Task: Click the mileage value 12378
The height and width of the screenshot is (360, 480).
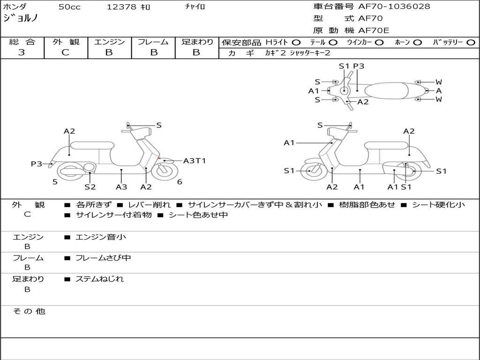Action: (121, 7)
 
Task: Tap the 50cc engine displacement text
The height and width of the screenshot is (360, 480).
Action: (69, 7)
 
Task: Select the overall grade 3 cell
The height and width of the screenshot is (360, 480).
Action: (22, 52)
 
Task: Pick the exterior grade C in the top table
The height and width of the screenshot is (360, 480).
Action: (65, 52)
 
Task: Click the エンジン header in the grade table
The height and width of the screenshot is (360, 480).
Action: (109, 42)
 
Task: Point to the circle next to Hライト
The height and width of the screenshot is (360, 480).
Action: (296, 42)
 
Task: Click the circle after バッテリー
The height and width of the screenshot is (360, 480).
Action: (471, 42)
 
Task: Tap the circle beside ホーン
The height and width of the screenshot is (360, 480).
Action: (418, 42)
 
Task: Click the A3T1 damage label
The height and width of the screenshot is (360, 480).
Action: (194, 161)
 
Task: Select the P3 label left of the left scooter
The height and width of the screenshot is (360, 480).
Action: (37, 164)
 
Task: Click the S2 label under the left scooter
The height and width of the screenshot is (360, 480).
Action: (90, 187)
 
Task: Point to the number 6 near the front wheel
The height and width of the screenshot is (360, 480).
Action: (180, 182)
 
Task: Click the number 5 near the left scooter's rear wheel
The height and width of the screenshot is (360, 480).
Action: (55, 182)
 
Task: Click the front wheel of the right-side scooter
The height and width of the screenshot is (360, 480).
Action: (310, 171)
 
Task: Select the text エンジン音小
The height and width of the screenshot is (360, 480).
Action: (101, 237)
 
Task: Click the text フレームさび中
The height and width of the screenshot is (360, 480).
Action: (103, 258)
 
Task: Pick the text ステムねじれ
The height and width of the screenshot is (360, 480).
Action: (100, 279)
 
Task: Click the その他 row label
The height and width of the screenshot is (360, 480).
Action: (29, 311)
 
